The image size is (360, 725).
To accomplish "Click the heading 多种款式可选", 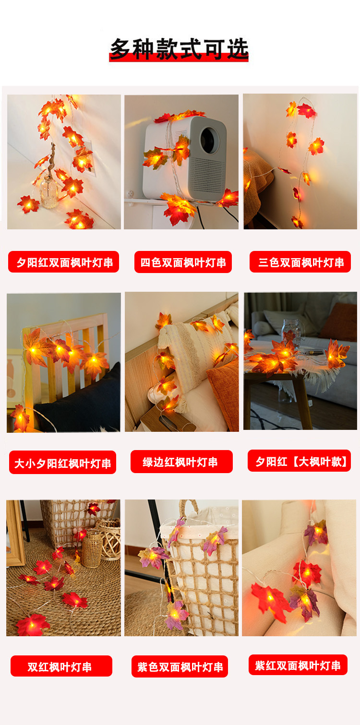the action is (x=179, y=49).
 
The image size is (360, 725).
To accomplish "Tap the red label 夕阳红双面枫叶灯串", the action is (x=64, y=262).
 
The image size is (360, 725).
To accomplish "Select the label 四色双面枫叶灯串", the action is (x=183, y=262).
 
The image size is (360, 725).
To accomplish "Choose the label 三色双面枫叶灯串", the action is (x=300, y=262).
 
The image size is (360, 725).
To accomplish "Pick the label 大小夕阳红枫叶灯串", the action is (x=62, y=463).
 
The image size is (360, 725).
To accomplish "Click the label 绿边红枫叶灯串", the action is (x=181, y=462).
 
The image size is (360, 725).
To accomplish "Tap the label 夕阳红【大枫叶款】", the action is (x=300, y=461).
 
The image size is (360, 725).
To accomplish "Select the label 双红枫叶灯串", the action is (x=61, y=666).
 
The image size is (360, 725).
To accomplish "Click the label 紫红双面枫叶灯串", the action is (x=298, y=665).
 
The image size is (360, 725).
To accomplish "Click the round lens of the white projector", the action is (x=209, y=138).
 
